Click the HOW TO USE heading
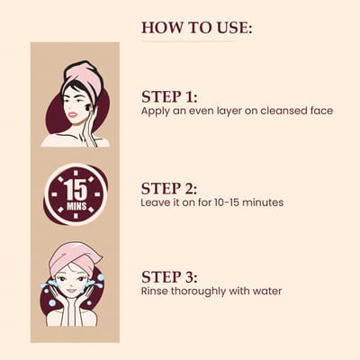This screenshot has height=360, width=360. pos(196,28)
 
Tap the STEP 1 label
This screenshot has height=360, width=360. pos(169,97)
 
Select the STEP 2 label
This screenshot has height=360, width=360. pos(169,189)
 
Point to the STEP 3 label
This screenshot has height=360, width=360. pos(169,277)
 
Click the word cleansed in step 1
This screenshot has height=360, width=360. pos(279,111)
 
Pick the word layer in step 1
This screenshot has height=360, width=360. pos(228,112)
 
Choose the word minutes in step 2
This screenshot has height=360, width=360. pos(263,202)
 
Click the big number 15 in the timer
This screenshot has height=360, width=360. pos(76,191)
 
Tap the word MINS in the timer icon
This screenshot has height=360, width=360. pos(76,206)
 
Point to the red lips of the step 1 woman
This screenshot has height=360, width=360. pos(73,114)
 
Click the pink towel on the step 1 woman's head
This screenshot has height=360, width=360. pos(85,76)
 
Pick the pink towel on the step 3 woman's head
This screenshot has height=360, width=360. pos(75,256)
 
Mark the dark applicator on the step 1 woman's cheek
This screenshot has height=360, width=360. pos(89,107)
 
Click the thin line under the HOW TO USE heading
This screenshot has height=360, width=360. pos(187,41)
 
